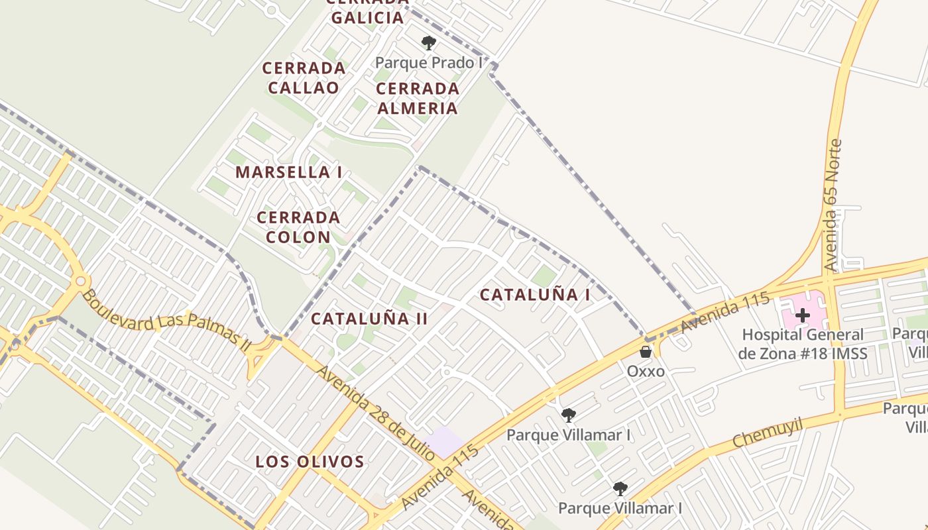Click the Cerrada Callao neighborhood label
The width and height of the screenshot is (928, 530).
[304, 78]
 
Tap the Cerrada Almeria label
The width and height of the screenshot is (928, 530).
[417, 98]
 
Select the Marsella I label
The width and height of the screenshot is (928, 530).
[289, 172]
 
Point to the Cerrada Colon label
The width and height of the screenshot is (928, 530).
[298, 227]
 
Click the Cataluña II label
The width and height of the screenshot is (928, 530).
[369, 319]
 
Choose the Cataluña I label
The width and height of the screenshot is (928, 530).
[535, 295]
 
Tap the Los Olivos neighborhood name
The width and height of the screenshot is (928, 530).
[310, 462]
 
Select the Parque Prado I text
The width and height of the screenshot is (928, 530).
[429, 63]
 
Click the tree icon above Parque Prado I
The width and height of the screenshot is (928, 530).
[429, 44]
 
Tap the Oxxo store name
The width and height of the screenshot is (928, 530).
[646, 371]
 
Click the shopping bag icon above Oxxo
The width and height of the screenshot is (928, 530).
[646, 352]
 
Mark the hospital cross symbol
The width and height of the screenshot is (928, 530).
[802, 315]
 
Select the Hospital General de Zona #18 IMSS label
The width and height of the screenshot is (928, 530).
[803, 344]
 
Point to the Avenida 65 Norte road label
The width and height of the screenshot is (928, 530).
[833, 205]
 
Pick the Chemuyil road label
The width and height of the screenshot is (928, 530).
[768, 432]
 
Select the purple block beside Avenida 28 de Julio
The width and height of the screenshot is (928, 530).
[445, 441]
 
